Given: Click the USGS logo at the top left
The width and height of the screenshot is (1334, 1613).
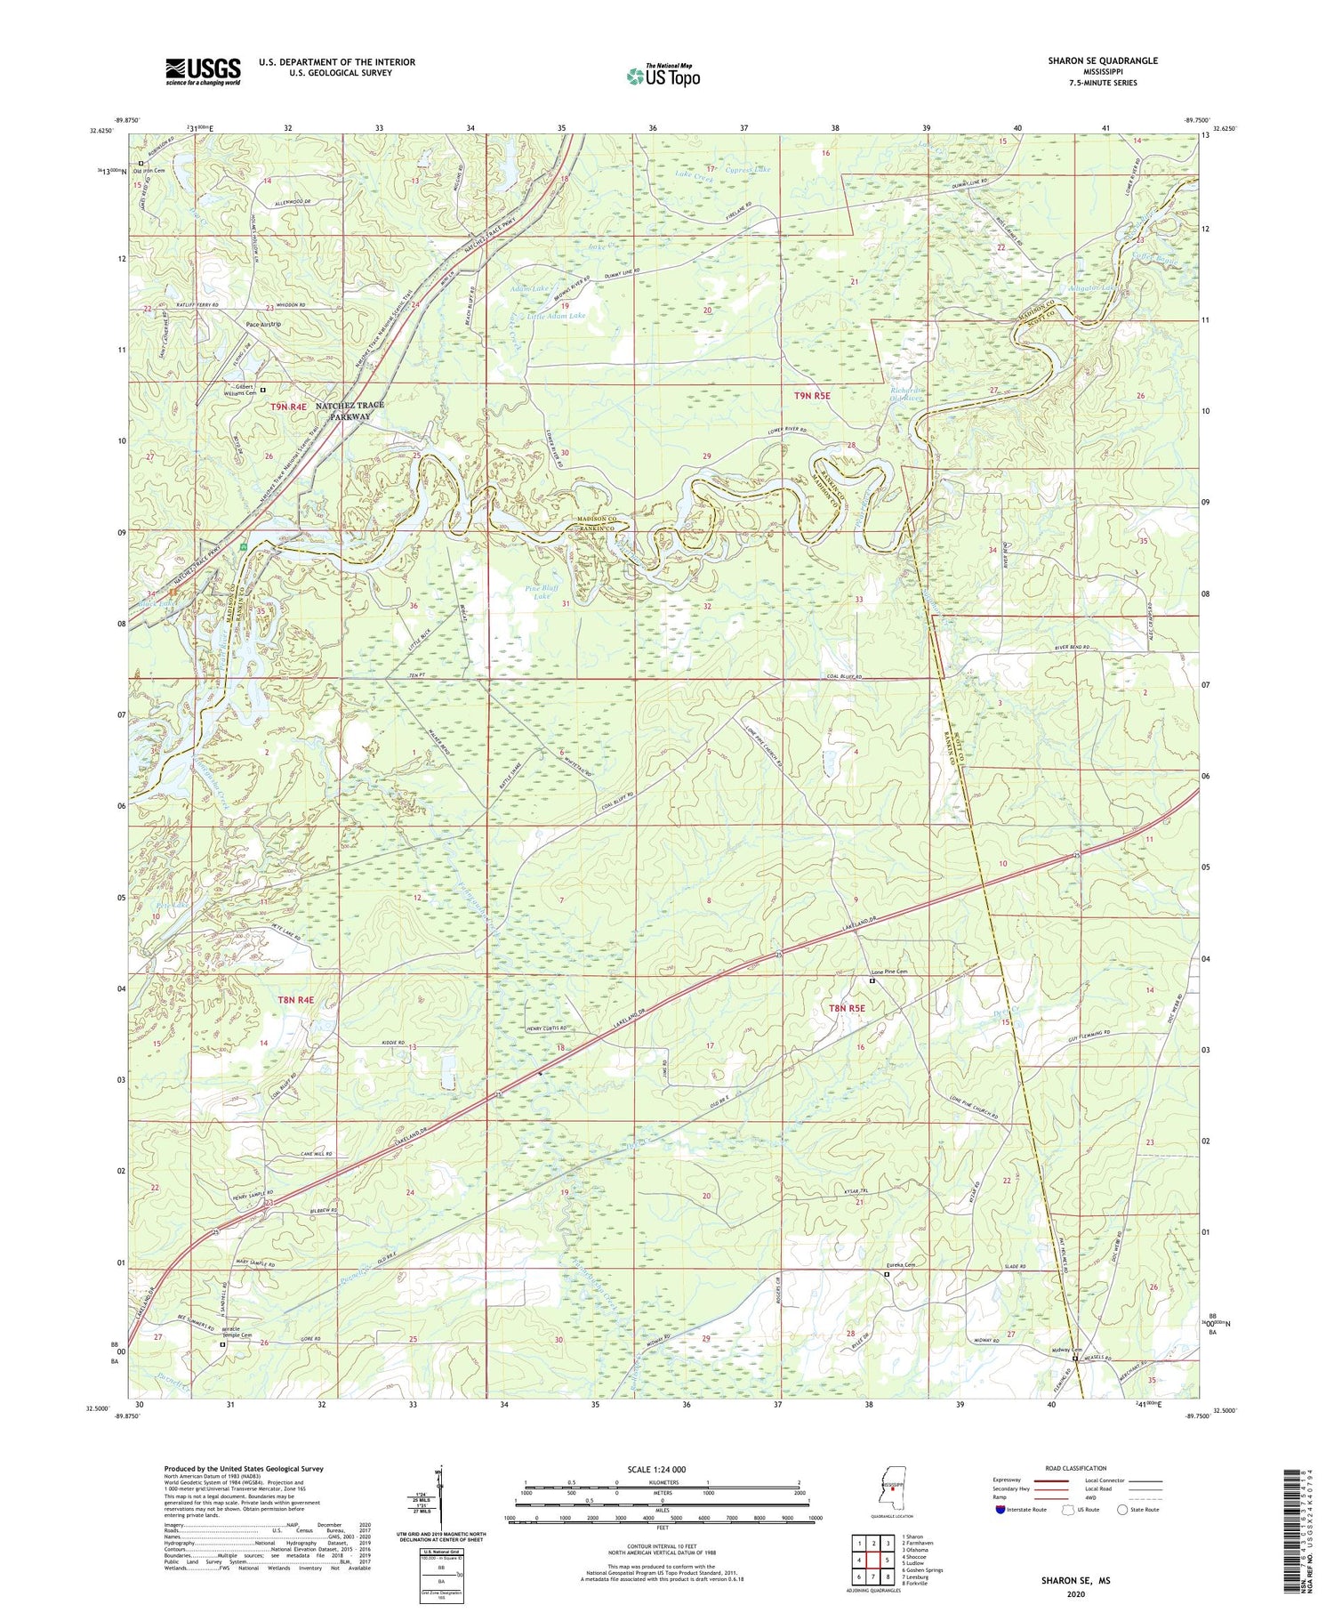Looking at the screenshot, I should point(203,71).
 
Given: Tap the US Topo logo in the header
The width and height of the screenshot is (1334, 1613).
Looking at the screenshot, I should point(663,76).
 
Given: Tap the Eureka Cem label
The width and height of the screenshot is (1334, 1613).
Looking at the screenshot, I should point(898,1265).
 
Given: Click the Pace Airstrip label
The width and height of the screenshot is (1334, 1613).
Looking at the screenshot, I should point(263,324).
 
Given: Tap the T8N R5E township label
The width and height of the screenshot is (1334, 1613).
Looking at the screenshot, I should point(847,1008).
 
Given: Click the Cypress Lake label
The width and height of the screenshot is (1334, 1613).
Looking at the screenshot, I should point(748,169).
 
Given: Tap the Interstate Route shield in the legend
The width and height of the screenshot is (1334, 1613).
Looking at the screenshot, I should point(1000,1509).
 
